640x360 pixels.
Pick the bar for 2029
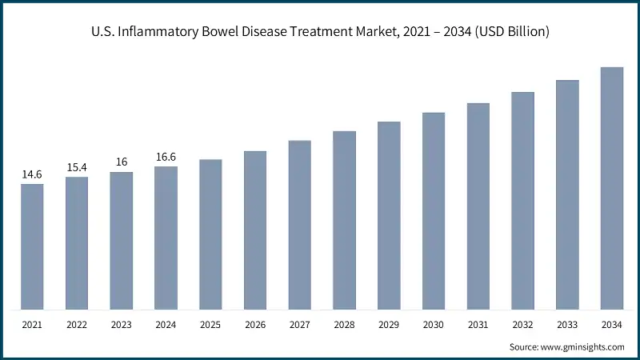click(x=389, y=215)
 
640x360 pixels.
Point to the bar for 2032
click(x=523, y=201)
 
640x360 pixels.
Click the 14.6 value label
click(x=32, y=174)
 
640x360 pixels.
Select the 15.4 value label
click(x=77, y=166)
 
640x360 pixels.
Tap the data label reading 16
click(x=122, y=162)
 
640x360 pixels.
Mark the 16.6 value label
click(x=166, y=157)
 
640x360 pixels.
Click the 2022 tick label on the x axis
click(x=77, y=326)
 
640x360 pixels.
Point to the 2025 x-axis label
click(x=210, y=326)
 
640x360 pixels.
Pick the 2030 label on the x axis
click(x=434, y=326)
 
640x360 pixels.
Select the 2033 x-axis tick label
click(x=567, y=326)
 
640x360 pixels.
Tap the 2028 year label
click(x=344, y=326)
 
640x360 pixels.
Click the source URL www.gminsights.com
click(x=582, y=346)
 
